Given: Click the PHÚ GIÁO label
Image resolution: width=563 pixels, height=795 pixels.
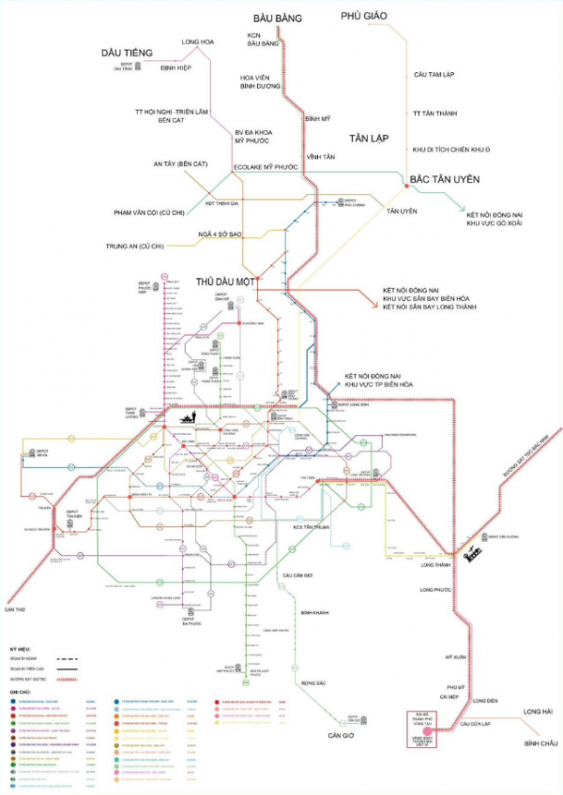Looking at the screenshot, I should click(x=365, y=16).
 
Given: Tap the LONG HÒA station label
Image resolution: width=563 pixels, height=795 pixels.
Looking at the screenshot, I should click(x=197, y=42).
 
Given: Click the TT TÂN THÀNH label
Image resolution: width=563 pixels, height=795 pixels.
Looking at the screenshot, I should click(x=435, y=113).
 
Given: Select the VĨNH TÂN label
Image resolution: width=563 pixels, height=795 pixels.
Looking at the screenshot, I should click(x=320, y=157).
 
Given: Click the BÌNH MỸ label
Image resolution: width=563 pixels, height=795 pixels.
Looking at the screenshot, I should click(x=319, y=120).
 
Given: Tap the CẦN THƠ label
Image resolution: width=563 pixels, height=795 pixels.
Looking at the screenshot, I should click(x=15, y=609).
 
